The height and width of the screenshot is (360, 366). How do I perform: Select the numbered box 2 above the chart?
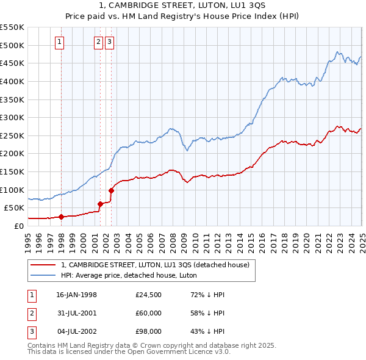point(98,42)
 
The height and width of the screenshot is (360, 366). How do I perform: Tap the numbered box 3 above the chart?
point(109,42)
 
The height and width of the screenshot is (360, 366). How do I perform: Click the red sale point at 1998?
point(61,217)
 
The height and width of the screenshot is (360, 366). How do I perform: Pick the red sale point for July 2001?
point(101,204)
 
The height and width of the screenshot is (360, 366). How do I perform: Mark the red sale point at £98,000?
point(111,190)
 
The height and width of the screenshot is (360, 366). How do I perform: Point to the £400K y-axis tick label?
point(12,81)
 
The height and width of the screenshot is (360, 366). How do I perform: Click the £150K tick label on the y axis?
point(12,171)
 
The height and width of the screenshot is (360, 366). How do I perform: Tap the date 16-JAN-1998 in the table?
point(76,295)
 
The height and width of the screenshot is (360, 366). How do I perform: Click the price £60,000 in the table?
point(149,313)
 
